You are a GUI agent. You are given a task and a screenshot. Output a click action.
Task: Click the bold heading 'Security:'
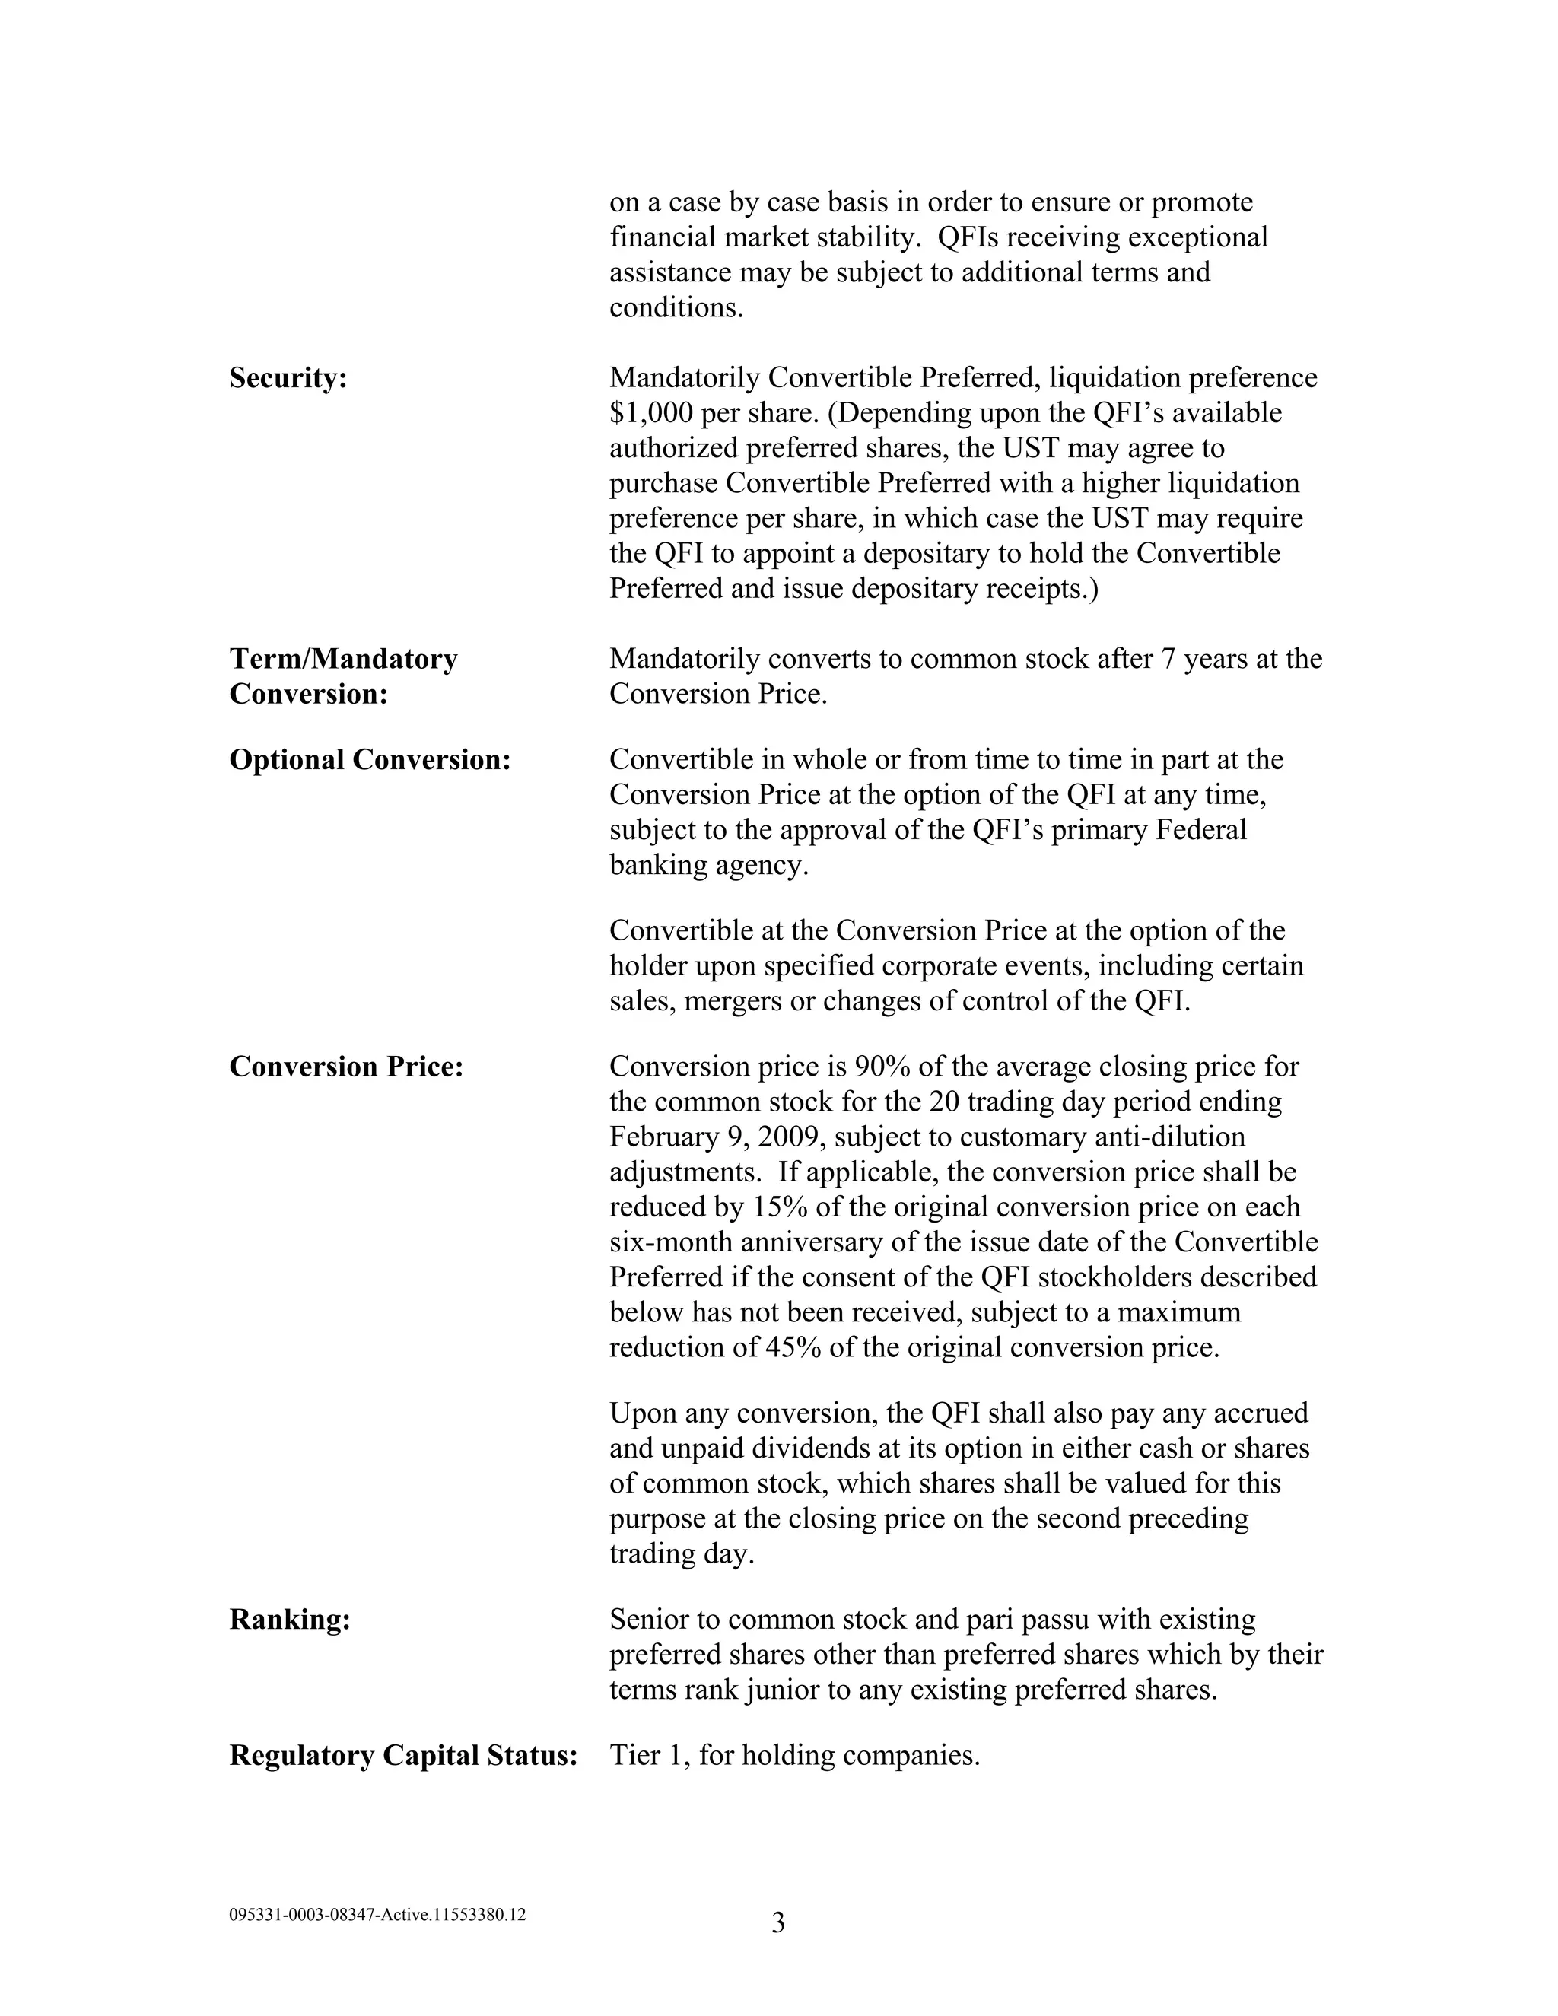(x=288, y=378)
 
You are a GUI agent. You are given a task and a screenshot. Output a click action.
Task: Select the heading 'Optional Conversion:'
(x=369, y=761)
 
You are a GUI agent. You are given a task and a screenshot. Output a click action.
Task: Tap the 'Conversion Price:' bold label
(x=345, y=1067)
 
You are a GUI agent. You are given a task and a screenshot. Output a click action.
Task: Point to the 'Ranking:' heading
(x=290, y=1620)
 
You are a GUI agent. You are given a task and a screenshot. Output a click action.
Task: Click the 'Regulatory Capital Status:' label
(x=403, y=1756)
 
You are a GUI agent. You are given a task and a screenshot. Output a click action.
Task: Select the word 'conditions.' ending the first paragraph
(x=676, y=308)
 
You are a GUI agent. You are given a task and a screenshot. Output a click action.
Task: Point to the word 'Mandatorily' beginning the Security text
(x=684, y=378)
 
